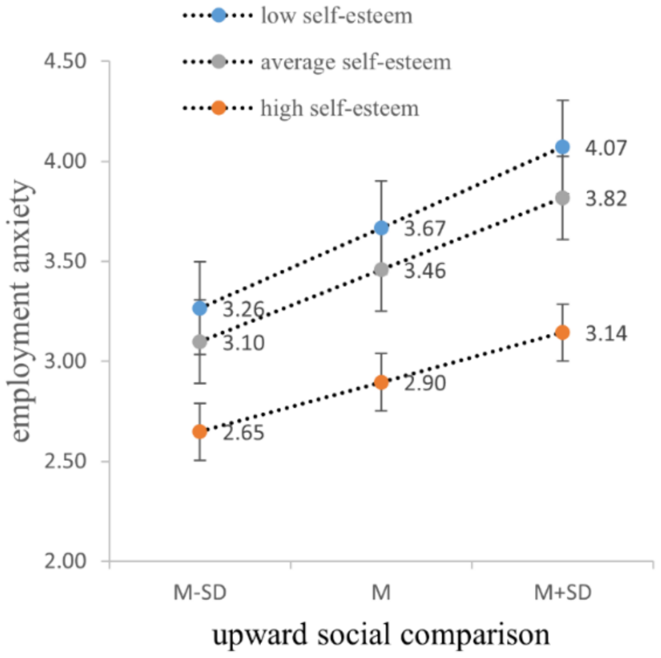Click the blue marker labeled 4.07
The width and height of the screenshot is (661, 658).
(562, 147)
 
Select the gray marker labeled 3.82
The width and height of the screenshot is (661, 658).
(562, 198)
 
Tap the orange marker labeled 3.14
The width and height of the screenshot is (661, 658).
(562, 332)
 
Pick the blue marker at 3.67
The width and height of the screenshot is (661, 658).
(381, 228)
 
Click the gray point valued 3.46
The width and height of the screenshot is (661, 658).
(381, 270)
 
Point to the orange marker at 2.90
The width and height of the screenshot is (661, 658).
(381, 382)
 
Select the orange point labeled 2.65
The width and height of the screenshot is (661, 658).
(199, 431)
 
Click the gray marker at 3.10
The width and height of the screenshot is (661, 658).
(199, 342)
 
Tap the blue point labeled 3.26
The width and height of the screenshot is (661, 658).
(199, 308)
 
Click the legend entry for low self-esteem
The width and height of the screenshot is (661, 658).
(336, 16)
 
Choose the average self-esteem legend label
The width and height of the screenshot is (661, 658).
(355, 62)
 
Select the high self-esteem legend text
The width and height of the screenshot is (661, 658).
(339, 108)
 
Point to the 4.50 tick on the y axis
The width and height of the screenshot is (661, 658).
(65, 61)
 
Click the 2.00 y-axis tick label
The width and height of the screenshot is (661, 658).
(65, 561)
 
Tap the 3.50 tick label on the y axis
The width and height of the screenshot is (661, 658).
(65, 261)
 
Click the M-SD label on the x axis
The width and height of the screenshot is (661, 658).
(200, 592)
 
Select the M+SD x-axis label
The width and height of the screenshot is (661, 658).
(562, 592)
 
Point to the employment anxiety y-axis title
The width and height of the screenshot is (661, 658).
(20, 311)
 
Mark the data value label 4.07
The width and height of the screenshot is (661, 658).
(606, 148)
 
